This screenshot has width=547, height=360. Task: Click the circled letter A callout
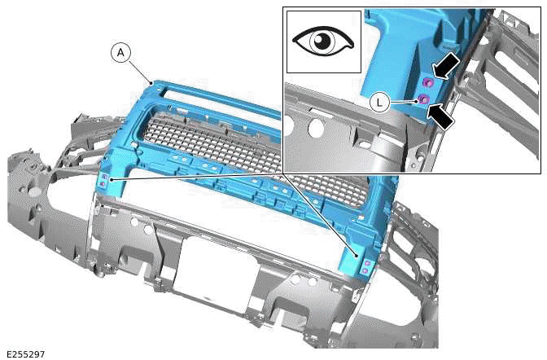click(x=121, y=53)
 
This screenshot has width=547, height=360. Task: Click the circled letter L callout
click(x=379, y=102)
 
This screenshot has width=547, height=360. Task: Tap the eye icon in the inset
click(x=323, y=41)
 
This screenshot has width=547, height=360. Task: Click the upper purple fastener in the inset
click(x=428, y=81)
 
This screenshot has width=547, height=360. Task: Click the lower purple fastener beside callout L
click(x=423, y=99)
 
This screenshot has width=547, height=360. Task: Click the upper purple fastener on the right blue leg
click(x=366, y=262)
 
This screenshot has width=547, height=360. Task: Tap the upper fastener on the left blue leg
click(x=103, y=177)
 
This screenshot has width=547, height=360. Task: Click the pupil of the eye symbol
click(x=323, y=41)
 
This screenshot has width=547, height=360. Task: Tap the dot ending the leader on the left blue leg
click(x=112, y=178)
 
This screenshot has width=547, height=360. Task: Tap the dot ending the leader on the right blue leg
click(x=357, y=254)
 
